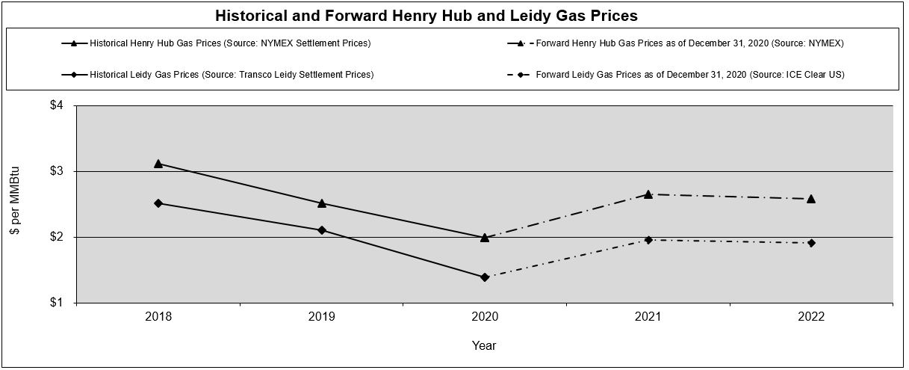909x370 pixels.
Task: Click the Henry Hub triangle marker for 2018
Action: click(x=158, y=163)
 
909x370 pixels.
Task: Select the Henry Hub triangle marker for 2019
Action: click(x=322, y=203)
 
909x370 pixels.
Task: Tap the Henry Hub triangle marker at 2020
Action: click(x=485, y=237)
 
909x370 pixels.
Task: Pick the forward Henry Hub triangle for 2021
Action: click(x=648, y=194)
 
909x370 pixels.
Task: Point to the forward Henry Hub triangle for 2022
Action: click(x=811, y=198)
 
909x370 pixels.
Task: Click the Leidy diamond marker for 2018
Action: click(x=158, y=203)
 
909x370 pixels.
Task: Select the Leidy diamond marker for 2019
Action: click(x=322, y=230)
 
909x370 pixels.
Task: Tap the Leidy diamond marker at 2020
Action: click(x=485, y=277)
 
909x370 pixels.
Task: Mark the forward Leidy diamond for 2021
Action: click(x=648, y=240)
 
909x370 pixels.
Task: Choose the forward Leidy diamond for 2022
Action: click(x=811, y=243)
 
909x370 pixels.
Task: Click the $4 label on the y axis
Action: click(x=56, y=106)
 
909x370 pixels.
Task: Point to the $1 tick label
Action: click(x=56, y=303)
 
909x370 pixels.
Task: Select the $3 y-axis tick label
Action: click(x=56, y=172)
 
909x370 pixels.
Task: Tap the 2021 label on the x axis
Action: click(x=648, y=317)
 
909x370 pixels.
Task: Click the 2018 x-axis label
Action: click(x=158, y=317)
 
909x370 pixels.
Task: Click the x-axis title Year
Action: click(x=484, y=346)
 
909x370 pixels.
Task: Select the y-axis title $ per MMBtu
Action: click(x=15, y=204)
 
